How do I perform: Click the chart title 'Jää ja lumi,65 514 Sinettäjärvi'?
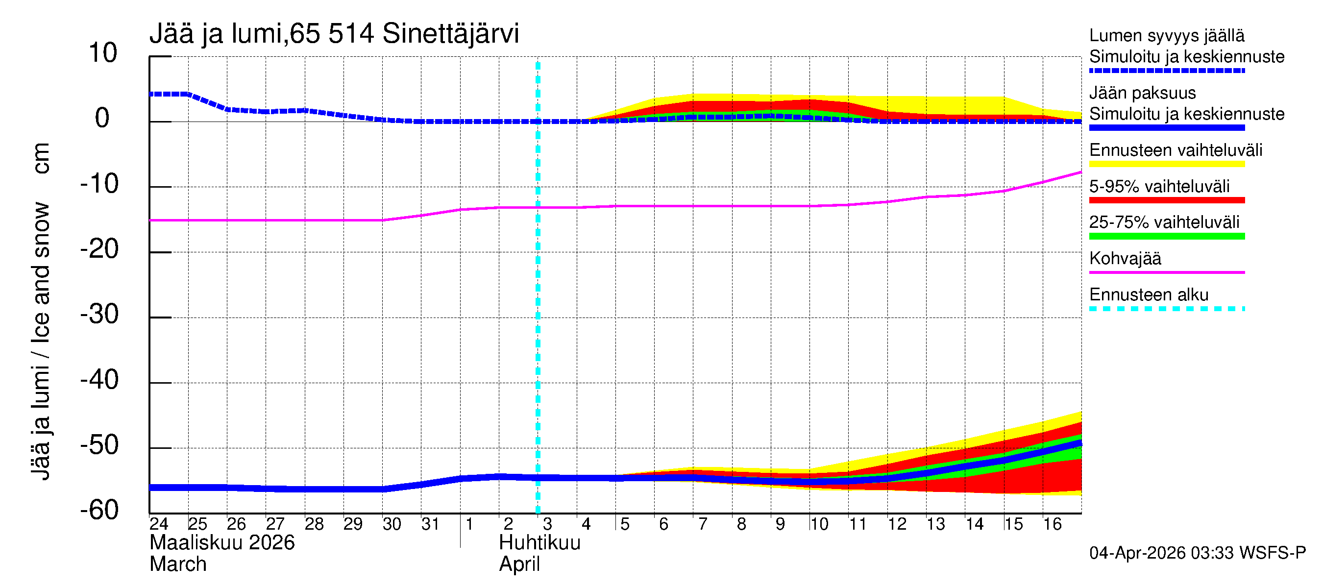pyautogui.click(x=334, y=34)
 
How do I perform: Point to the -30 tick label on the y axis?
pyautogui.click(x=99, y=314)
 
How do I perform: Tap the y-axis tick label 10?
pyautogui.click(x=103, y=53)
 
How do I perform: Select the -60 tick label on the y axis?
pyautogui.click(x=99, y=511)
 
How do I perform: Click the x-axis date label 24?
pyautogui.click(x=159, y=524)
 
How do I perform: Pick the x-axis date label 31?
pyautogui.click(x=430, y=524)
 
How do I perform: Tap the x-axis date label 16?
pyautogui.click(x=1053, y=524)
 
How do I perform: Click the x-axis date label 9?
pyautogui.click(x=780, y=524)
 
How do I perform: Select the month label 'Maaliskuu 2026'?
pyautogui.click(x=222, y=543)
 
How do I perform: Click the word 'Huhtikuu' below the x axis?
pyautogui.click(x=539, y=543)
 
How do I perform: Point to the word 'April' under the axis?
pyautogui.click(x=519, y=564)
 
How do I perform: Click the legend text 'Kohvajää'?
pyautogui.click(x=1125, y=258)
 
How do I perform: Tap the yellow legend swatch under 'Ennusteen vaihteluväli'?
pyautogui.click(x=1166, y=164)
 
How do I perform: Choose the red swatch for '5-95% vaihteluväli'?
pyautogui.click(x=1166, y=200)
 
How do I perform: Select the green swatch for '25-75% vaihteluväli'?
pyautogui.click(x=1166, y=236)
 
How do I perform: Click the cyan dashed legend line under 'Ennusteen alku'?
pyautogui.click(x=1166, y=309)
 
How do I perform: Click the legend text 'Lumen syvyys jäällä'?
pyautogui.click(x=1166, y=35)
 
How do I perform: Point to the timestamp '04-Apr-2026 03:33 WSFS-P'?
pyautogui.click(x=1197, y=553)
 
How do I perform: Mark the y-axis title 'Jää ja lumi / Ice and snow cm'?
pyautogui.click(x=41, y=311)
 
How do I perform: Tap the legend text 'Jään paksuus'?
pyautogui.click(x=1142, y=93)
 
